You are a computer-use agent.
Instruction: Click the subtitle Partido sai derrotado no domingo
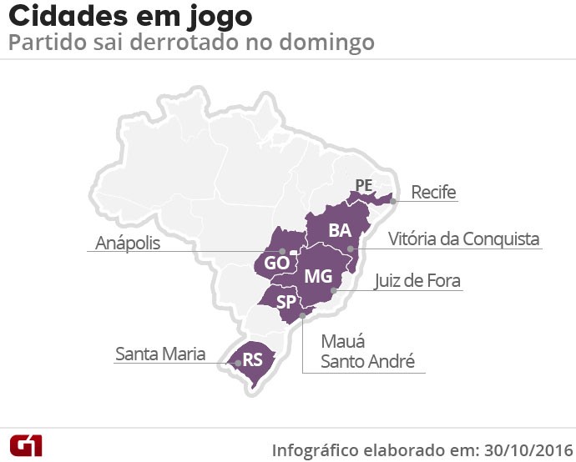191,42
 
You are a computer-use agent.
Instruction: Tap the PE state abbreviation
363,184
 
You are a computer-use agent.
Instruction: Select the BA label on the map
340,230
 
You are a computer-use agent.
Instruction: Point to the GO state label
276,263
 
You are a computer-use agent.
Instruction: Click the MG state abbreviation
318,276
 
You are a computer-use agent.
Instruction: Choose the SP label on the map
287,302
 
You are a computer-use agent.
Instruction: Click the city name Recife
434,193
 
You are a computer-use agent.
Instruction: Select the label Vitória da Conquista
464,239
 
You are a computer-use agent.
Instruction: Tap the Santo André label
368,362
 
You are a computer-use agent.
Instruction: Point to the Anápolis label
127,243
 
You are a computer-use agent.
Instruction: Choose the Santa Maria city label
160,354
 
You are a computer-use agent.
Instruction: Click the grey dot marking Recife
393,200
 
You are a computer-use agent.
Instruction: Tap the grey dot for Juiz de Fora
334,290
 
